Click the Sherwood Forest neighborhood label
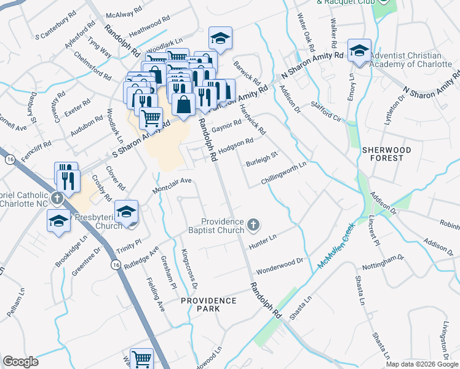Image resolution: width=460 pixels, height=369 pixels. pos(383,154)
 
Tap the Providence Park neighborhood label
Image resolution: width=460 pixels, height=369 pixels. pos(208,304)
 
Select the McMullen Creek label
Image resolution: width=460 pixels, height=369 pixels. pos(337,247)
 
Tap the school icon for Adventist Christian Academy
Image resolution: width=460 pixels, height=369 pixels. pos(359,52)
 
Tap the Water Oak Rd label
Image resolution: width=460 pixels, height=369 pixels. pos(306,33)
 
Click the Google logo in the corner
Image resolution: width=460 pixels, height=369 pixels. pos(20,362)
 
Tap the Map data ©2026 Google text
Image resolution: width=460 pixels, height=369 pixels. pos(422,364)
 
